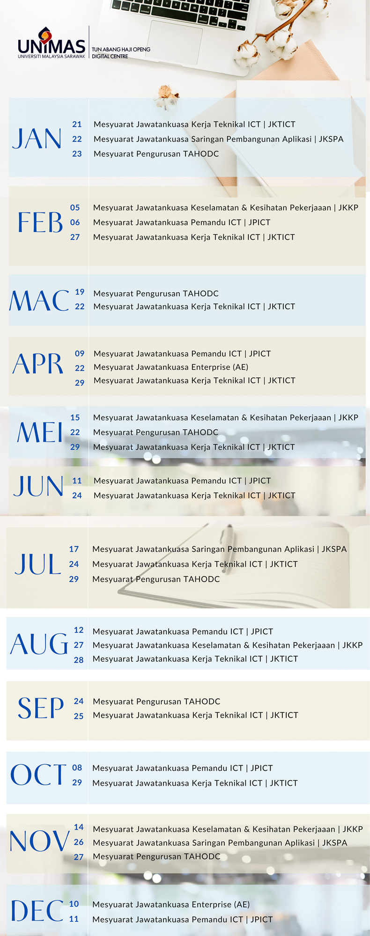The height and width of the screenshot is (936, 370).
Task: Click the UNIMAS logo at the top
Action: point(52,43)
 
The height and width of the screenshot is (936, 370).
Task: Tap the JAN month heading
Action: point(37,139)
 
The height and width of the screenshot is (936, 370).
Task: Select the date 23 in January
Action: point(77,154)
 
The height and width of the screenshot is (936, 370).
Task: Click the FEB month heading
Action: point(40,222)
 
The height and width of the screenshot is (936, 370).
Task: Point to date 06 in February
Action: point(75,222)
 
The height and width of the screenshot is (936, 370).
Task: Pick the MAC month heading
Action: point(39,300)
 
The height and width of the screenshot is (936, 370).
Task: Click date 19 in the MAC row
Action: point(80,292)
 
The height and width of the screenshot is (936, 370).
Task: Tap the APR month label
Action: point(38,364)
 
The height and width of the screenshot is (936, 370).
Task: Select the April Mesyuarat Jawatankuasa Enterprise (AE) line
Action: point(171,367)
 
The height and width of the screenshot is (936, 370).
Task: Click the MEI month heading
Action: point(40,432)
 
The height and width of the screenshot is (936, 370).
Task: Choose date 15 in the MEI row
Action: point(75,417)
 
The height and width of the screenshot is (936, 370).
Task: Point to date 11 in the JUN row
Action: point(77,481)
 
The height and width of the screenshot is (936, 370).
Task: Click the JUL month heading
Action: point(38,564)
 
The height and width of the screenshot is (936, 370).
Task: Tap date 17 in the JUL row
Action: point(74,549)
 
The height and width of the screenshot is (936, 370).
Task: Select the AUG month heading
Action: point(39,644)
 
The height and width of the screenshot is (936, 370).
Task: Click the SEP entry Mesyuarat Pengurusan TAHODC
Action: point(156,702)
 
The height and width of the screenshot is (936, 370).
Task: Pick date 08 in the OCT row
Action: point(77,768)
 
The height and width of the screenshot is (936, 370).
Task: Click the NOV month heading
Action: point(40,841)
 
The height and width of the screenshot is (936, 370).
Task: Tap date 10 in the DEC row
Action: point(74,904)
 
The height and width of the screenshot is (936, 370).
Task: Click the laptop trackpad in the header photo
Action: point(175,43)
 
